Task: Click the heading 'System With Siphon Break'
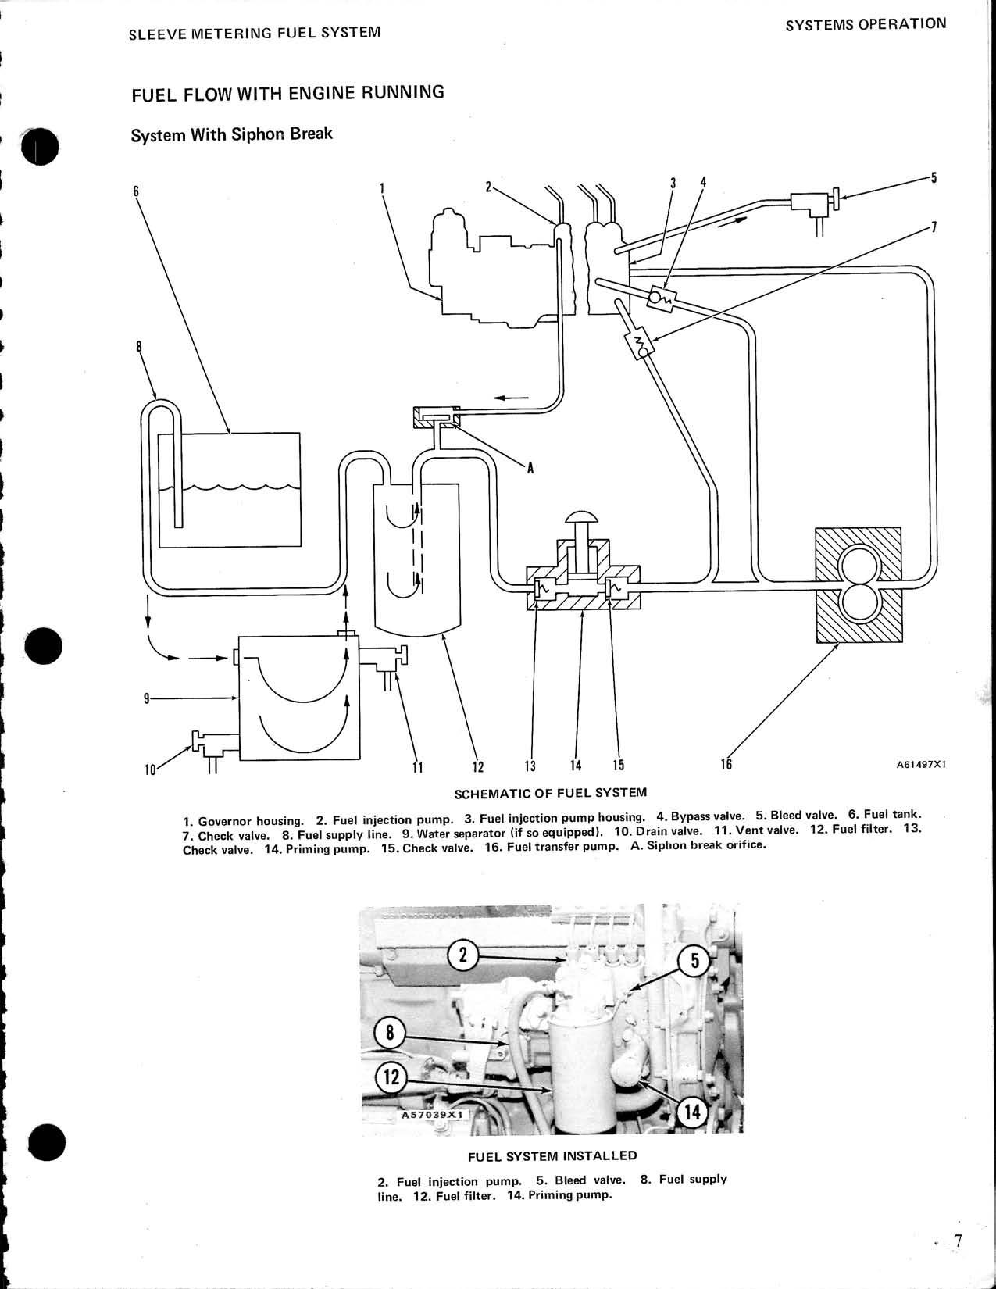231,134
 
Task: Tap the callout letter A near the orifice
530,468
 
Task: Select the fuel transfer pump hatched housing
857,584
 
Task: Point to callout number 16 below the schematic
726,765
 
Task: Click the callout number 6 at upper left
136,191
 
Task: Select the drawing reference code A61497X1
919,766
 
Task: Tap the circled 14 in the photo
692,1112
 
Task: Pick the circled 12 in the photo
391,1079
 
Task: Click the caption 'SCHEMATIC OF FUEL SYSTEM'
551,792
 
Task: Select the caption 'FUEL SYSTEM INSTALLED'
552,1156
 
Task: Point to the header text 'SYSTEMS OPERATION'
865,24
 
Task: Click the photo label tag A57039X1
432,1116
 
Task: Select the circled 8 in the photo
391,1034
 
